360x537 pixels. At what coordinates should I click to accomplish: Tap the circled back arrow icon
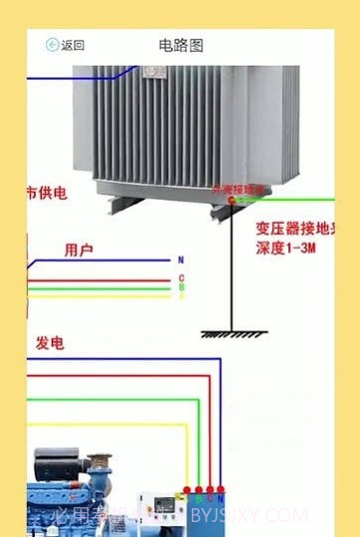53,45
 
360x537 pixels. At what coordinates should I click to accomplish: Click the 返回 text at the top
73,45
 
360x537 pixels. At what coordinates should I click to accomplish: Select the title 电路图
181,45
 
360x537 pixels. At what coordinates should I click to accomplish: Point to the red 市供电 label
46,192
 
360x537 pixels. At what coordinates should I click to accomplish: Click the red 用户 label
79,250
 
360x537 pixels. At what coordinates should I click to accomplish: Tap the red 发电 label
51,343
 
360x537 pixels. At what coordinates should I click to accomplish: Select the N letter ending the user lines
181,260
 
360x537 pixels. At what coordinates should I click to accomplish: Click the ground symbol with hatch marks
230,334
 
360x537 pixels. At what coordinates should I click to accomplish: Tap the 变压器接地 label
292,227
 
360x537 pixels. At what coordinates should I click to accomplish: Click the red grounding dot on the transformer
232,200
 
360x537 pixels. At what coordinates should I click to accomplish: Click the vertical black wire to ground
231,268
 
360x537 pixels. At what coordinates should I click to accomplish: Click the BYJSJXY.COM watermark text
249,515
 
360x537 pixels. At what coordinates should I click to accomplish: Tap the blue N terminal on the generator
222,491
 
